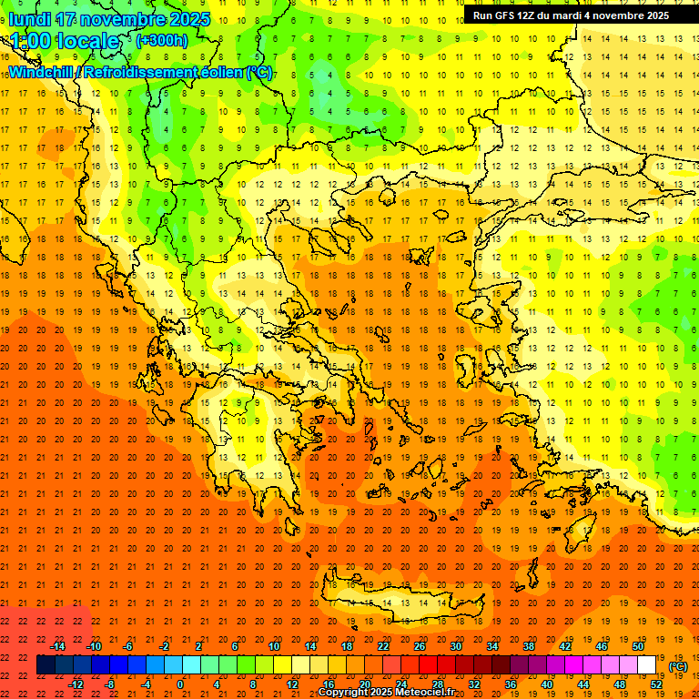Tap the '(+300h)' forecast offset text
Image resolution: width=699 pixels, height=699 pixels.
[x=161, y=40]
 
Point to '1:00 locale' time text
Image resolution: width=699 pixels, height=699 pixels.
[x=65, y=41]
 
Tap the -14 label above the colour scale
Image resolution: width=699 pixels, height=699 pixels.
[x=59, y=645]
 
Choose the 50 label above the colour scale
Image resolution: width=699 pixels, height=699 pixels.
[x=637, y=645]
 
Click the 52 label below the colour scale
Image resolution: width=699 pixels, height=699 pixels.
[x=655, y=684]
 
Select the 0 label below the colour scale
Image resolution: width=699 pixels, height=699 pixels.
[x=180, y=684]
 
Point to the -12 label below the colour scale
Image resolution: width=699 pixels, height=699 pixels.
[x=76, y=684]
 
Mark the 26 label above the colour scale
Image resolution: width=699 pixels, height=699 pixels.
[x=419, y=645]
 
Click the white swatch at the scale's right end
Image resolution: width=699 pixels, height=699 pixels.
[x=646, y=665]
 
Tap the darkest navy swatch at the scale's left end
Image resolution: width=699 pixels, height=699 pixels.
[x=46, y=665]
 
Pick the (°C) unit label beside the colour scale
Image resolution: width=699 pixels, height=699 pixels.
[x=678, y=666]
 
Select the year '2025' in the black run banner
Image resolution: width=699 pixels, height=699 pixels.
[x=651, y=15]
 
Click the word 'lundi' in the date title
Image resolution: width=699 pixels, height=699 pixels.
[x=32, y=19]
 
